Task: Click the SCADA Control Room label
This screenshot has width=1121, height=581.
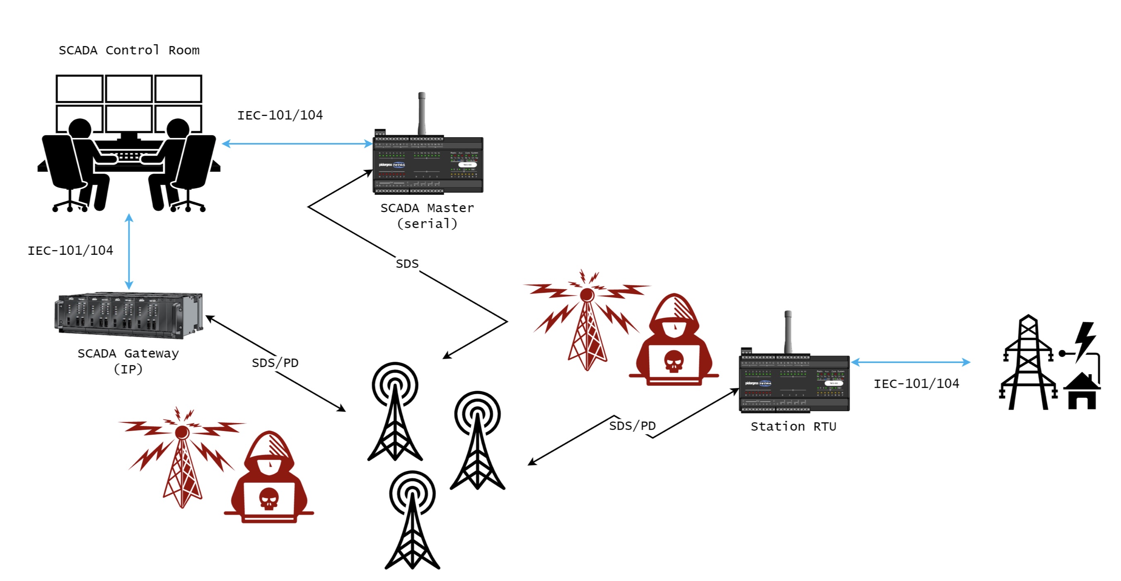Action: [x=129, y=51]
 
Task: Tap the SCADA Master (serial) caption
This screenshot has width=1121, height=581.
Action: [x=427, y=215]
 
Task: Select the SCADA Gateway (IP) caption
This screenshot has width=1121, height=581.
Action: [x=128, y=361]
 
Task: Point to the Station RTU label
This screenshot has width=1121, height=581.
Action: [x=793, y=426]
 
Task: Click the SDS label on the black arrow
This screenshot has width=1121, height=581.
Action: [x=407, y=264]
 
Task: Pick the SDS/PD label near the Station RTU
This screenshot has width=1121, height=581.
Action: [x=632, y=426]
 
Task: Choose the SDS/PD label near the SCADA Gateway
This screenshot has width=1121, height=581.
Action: [x=275, y=363]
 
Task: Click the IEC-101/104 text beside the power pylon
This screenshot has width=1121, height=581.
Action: [x=916, y=383]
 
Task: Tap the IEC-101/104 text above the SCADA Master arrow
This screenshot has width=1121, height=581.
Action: [x=280, y=115]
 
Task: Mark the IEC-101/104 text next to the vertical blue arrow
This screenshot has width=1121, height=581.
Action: [x=70, y=250]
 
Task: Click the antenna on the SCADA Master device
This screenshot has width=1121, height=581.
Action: [x=421, y=113]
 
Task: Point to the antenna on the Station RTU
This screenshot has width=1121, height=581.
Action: [x=788, y=332]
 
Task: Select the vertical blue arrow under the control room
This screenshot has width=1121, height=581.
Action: [x=129, y=251]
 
